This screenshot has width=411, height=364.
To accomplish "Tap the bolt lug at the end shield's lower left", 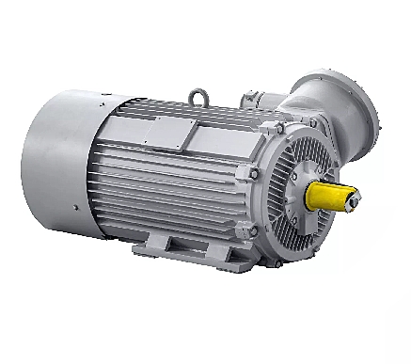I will tap(252, 229).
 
